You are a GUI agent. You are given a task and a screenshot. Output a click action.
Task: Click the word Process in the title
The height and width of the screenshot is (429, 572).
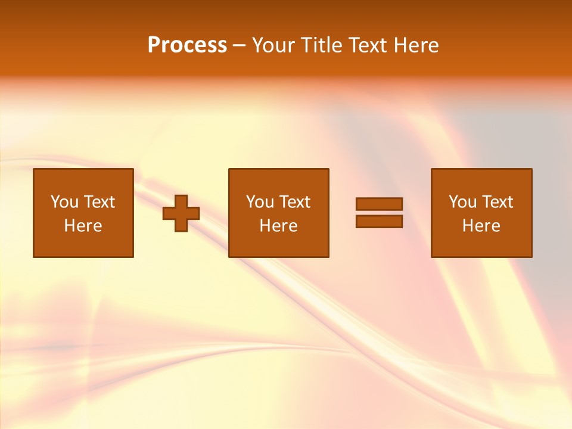pyautogui.click(x=187, y=45)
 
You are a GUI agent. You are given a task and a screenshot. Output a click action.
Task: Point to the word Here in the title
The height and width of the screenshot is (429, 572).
pyautogui.click(x=418, y=45)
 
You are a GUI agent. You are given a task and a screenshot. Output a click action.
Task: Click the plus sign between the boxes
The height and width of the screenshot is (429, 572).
pyautogui.click(x=181, y=213)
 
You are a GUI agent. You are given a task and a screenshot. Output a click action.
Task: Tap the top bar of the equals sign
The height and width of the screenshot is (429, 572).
pyautogui.click(x=379, y=204)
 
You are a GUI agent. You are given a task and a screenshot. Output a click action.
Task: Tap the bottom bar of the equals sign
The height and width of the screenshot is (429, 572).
pyautogui.click(x=379, y=222)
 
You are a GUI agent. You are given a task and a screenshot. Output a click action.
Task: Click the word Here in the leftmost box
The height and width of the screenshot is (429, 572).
pyautogui.click(x=83, y=226)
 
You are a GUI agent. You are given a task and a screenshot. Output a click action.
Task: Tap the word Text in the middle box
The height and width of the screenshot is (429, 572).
pyautogui.click(x=295, y=202)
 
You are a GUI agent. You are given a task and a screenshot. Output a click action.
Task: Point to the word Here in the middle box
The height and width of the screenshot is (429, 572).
pyautogui.click(x=279, y=226)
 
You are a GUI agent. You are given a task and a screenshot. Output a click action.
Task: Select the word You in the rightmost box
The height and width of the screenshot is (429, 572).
pyautogui.click(x=463, y=202)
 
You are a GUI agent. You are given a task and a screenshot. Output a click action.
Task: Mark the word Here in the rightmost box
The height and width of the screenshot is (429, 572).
pyautogui.click(x=481, y=226)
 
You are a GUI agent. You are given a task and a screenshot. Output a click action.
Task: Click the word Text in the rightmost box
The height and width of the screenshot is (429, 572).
pyautogui.click(x=498, y=202)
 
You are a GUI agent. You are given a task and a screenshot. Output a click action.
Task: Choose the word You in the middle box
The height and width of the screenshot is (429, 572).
pyautogui.click(x=260, y=202)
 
